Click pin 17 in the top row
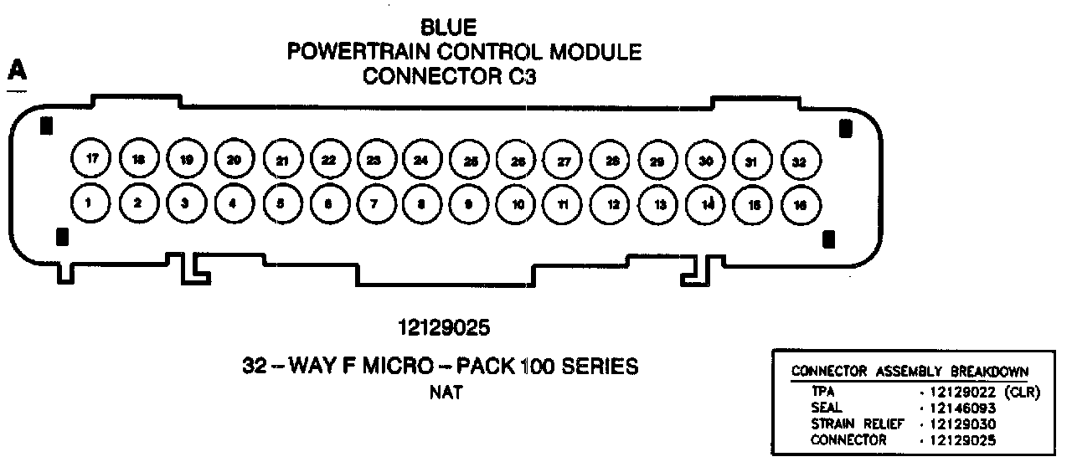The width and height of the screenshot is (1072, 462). [x=90, y=157]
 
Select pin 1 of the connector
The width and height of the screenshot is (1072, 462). [x=89, y=203]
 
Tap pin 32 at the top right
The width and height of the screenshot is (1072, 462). [x=799, y=162]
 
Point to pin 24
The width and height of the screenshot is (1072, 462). [x=421, y=159]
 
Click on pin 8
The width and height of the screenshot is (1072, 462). [x=421, y=203]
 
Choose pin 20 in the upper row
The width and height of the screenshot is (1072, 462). [x=234, y=158]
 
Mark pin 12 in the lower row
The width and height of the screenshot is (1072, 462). [x=611, y=203]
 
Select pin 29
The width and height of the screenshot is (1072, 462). [x=658, y=160]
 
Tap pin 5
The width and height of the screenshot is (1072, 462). [x=280, y=203]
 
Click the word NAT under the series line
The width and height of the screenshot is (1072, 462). [x=445, y=391]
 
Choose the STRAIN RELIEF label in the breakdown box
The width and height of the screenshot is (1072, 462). [x=846, y=424]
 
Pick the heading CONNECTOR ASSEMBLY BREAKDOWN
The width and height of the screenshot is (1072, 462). [x=910, y=372]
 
